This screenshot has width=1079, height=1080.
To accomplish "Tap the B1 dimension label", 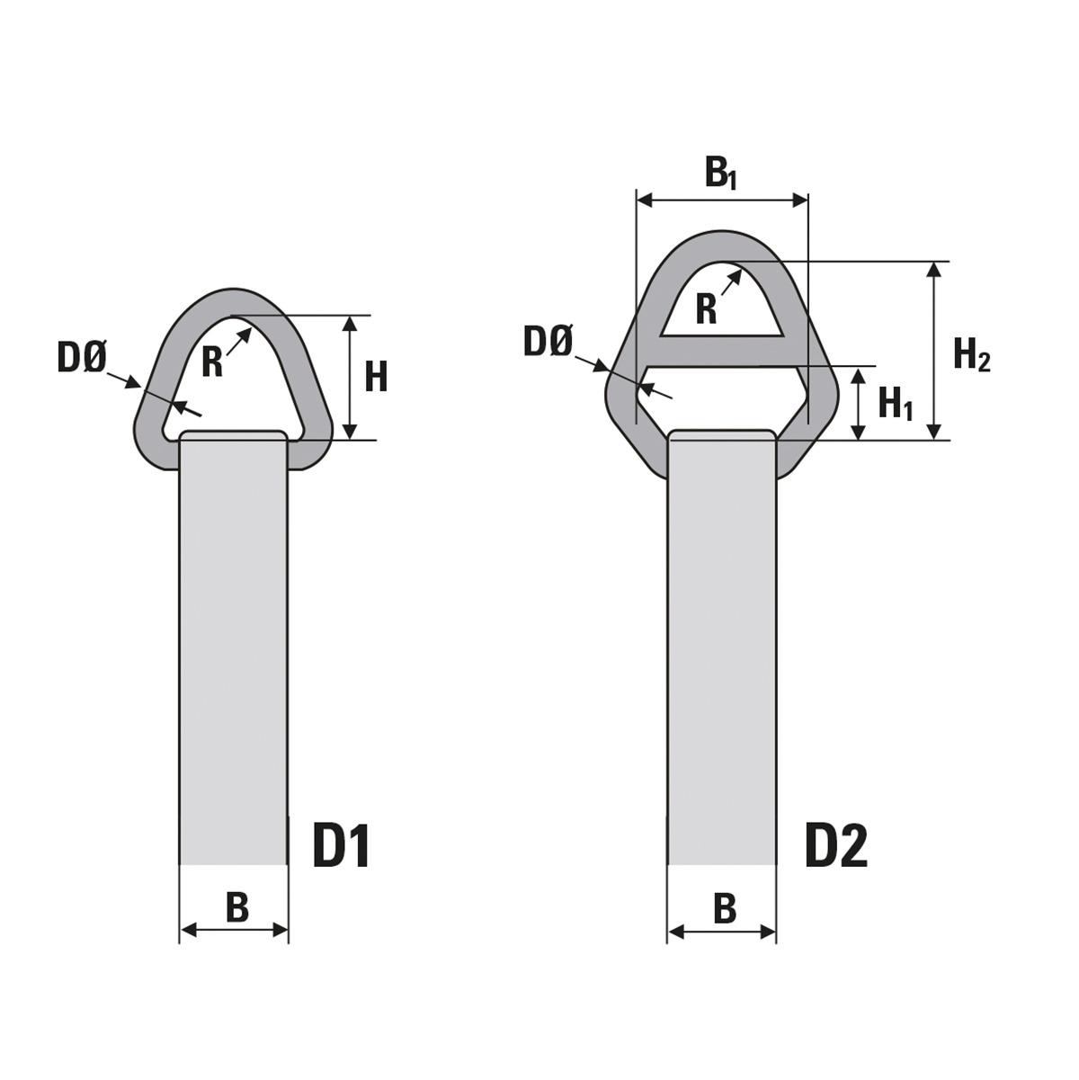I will click(720, 174).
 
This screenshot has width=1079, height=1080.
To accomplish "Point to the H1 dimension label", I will click(895, 403).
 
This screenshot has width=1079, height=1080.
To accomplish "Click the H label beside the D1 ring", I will click(376, 377).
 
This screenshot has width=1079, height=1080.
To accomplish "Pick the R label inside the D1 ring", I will click(212, 362).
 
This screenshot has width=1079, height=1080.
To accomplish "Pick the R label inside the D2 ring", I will click(707, 309).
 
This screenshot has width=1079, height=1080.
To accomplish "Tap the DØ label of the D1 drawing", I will click(82, 358).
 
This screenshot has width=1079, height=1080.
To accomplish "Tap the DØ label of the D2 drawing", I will click(548, 342).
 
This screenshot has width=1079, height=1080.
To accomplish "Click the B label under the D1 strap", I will click(236, 907).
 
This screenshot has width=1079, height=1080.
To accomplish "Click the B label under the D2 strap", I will click(725, 908).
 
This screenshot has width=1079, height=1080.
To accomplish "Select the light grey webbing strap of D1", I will click(234, 647).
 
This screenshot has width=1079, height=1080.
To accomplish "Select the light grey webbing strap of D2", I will click(722, 647).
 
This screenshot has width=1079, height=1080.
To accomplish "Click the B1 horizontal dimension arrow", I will click(683, 201).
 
